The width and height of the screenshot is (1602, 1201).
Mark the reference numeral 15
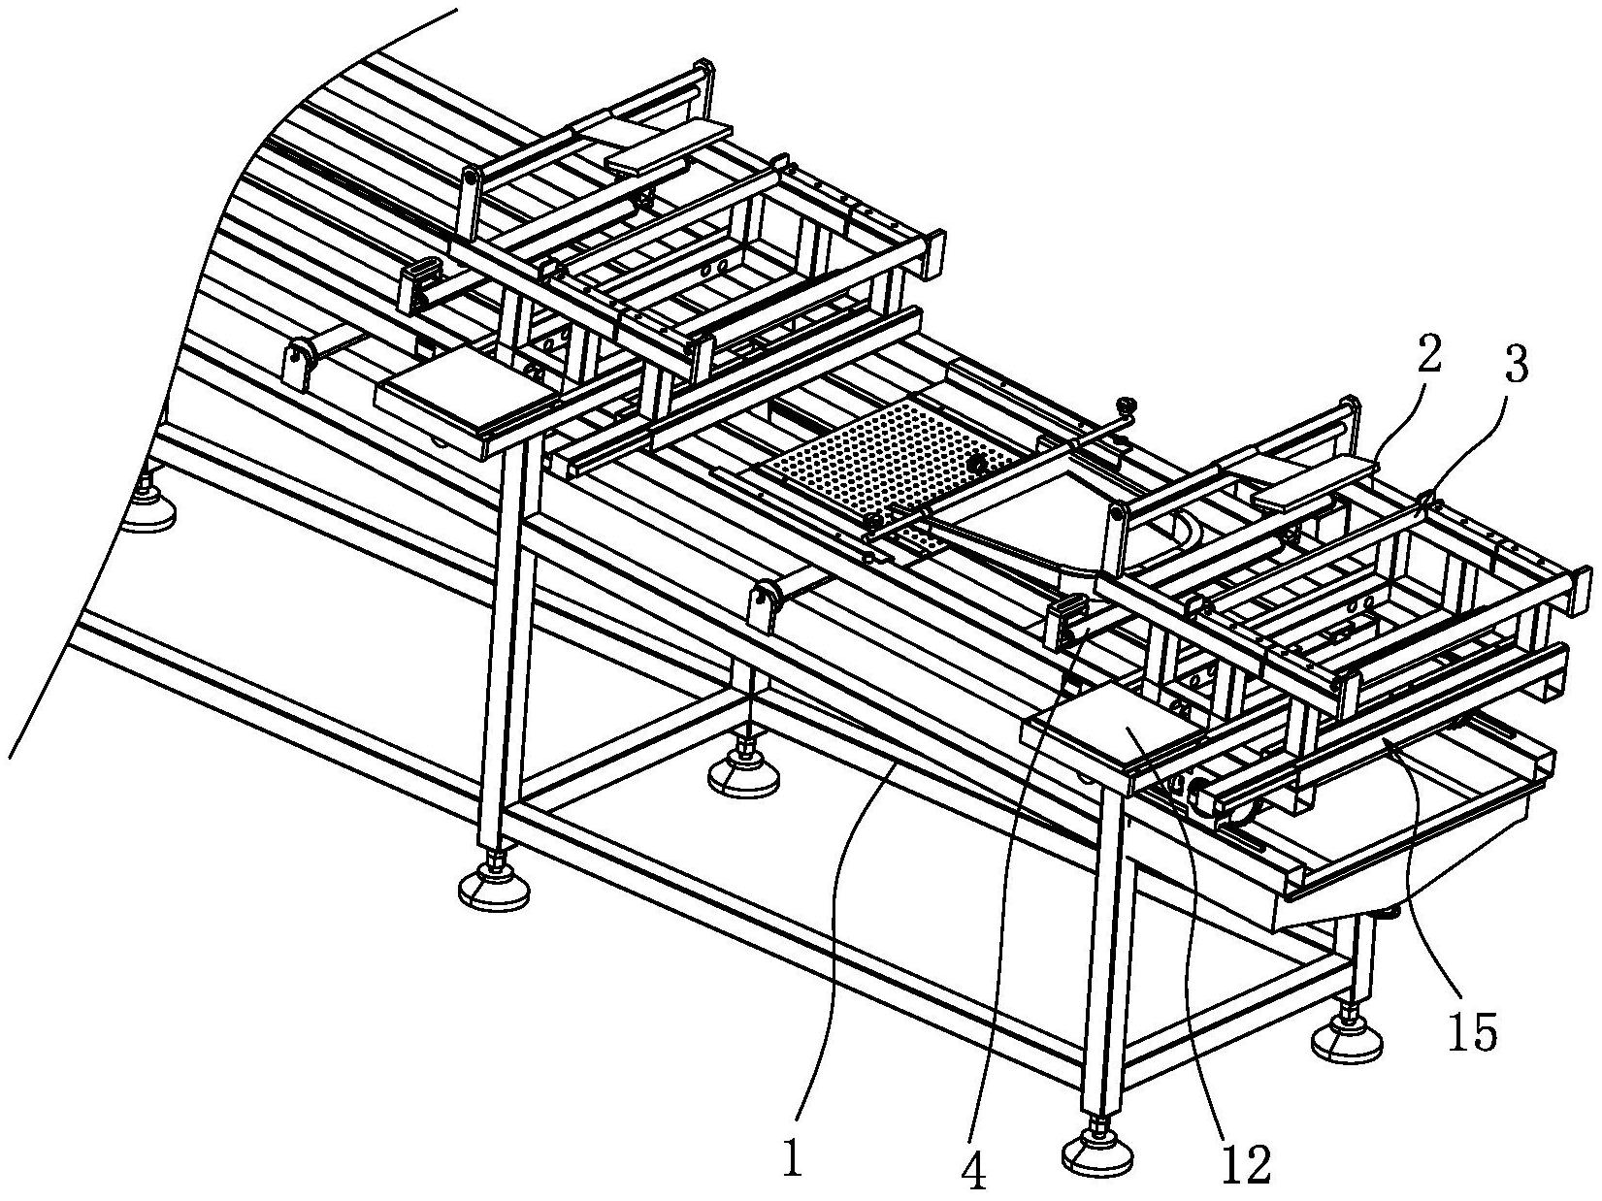click(x=1472, y=1033)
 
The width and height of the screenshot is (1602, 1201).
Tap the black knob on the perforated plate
click(x=980, y=465)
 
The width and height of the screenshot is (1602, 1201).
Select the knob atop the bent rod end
click(x=1127, y=405)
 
